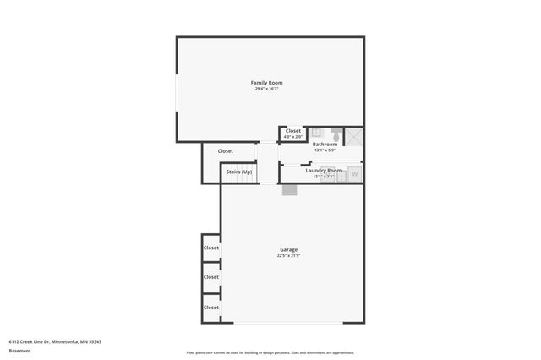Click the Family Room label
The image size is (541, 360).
266,82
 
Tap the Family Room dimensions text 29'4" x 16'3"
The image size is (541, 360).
266,89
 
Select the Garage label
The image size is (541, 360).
288,249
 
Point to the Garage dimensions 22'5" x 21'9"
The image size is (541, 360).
288,256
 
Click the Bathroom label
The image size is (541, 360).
325,145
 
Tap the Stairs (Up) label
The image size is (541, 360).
238,172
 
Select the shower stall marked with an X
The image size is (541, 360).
355,137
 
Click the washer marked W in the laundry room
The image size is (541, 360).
355,174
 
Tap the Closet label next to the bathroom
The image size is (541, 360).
293,131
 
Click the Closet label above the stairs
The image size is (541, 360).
226,151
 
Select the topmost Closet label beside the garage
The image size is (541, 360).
211,248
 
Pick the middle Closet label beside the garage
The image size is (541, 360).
211,277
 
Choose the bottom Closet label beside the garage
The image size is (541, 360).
211,308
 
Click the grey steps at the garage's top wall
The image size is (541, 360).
290,188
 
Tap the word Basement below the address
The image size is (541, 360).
19,350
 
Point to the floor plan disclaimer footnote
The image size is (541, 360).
270,352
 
